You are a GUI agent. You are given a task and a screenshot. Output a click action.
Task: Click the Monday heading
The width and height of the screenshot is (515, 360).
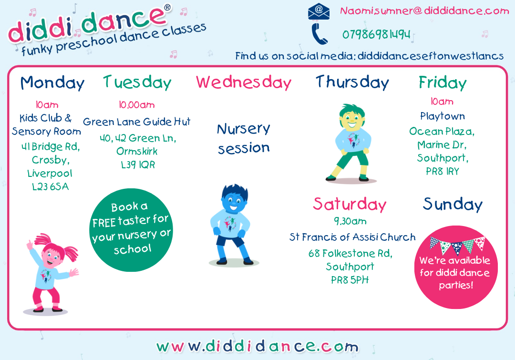[52, 83]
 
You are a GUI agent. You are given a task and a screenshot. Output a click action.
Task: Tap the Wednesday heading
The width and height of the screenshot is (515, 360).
[244, 82]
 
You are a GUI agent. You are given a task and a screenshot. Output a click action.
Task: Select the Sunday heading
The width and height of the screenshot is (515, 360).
[453, 204]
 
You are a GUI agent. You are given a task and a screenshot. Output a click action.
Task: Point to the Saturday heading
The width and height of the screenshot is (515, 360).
[350, 204]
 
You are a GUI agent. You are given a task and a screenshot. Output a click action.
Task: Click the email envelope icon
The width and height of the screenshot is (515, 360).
[319, 11]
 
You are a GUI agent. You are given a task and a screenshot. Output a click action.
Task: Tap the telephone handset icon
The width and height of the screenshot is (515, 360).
[319, 34]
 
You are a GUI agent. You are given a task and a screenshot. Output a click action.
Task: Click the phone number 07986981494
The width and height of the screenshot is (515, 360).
[376, 34]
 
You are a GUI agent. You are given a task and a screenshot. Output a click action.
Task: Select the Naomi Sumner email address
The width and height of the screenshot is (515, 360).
[424, 11]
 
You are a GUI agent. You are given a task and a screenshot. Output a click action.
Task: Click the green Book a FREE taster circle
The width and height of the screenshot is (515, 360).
[131, 230]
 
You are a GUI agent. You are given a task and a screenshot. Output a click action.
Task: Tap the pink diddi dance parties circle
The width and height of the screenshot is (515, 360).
[456, 267]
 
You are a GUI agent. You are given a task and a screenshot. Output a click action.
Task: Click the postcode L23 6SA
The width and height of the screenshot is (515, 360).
[50, 187]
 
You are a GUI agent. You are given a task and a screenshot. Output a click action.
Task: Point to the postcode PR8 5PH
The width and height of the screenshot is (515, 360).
[350, 280]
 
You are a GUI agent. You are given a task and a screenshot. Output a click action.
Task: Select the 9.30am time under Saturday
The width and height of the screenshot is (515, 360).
[350, 221]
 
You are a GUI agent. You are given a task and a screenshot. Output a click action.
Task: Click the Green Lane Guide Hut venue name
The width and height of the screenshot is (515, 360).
[137, 122]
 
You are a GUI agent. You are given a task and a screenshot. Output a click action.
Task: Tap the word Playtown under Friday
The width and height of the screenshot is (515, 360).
[443, 116]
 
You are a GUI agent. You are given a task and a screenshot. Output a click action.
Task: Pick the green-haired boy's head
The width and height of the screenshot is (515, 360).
[352, 119]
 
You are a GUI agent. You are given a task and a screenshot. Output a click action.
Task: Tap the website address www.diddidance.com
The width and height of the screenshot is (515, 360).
[257, 346]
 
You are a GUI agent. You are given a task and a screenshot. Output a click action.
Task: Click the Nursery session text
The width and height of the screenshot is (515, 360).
[244, 138]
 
